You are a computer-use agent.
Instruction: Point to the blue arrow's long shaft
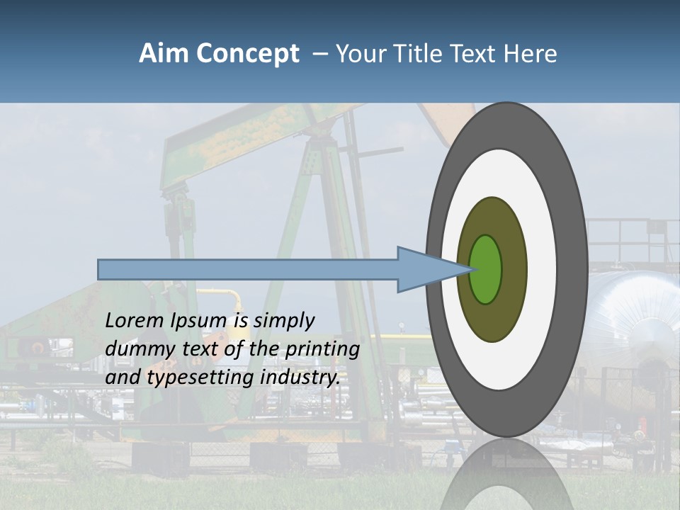[248, 269]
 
